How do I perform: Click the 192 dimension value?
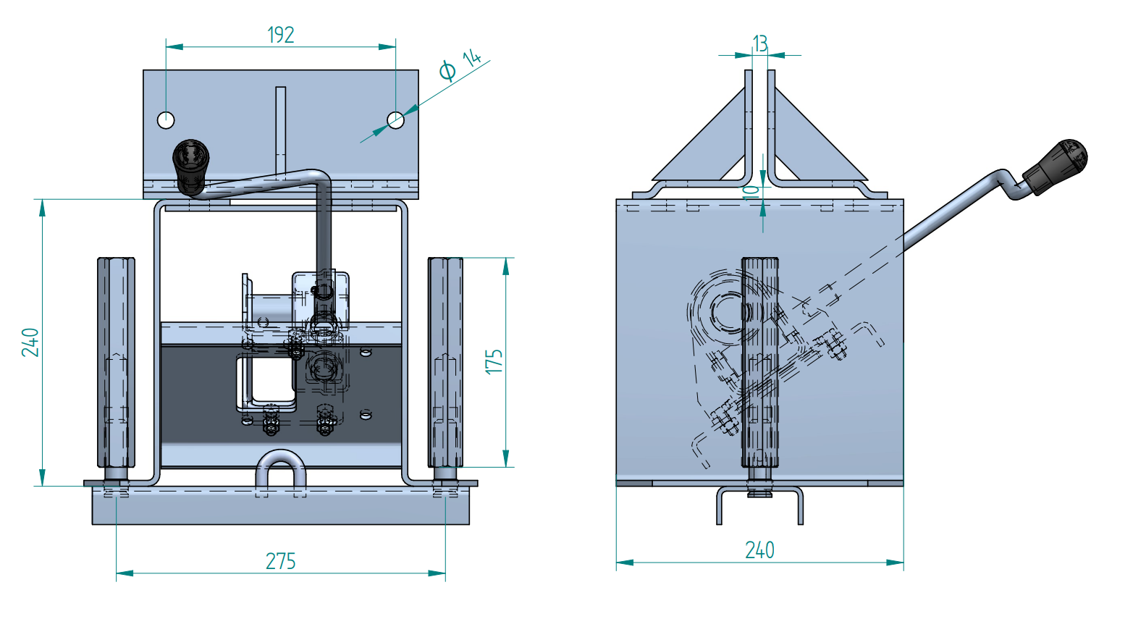(281, 35)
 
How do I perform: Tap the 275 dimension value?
(281, 561)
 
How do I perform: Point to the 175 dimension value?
(494, 361)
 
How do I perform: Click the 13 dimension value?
(760, 44)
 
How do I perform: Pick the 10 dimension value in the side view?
(752, 191)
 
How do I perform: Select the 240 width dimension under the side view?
(759, 550)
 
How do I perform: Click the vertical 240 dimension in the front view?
(30, 342)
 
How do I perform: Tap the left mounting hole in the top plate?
(167, 119)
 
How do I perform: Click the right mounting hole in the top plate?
(395, 120)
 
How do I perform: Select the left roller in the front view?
(116, 362)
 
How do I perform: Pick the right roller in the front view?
(445, 362)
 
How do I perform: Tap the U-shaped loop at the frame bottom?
(281, 471)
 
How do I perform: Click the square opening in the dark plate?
(268, 382)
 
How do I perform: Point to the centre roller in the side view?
(759, 362)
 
